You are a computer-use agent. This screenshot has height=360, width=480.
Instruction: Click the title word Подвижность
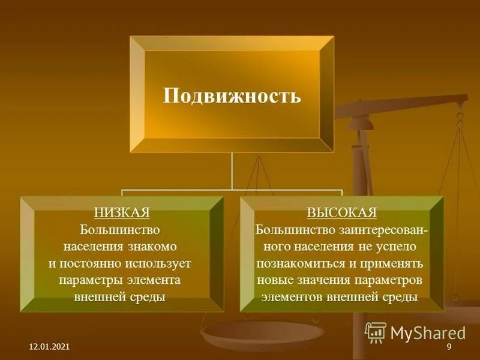(232, 96)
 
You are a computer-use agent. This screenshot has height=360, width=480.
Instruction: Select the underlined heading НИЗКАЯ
(122, 212)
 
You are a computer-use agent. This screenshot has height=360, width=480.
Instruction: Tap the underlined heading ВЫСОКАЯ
(342, 212)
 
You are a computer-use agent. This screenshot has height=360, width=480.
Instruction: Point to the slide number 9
(448, 349)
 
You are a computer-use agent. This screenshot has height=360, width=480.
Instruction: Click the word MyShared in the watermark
(428, 333)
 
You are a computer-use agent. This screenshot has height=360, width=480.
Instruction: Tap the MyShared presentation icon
(376, 332)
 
